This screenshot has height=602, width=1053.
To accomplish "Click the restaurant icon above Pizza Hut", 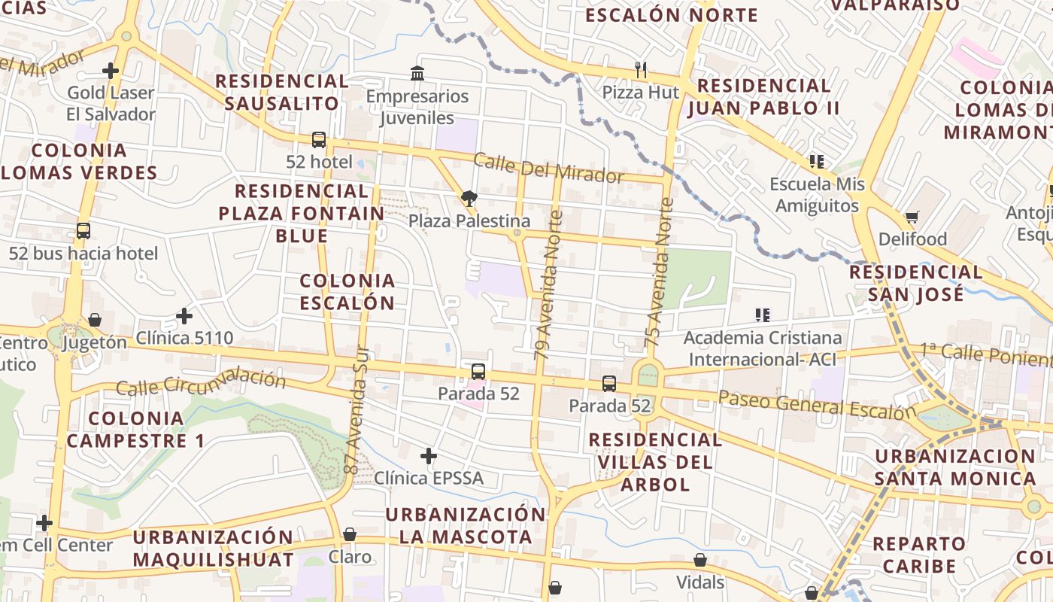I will [x=641, y=70].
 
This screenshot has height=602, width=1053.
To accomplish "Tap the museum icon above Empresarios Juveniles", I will [x=417, y=73].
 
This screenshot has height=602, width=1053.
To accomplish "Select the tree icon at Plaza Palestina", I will [x=469, y=199].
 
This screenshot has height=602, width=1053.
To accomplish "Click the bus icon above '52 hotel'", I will [x=319, y=139].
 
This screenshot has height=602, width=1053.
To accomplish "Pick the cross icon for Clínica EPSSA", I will [x=429, y=456].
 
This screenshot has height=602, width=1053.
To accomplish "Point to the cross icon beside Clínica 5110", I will [x=184, y=316].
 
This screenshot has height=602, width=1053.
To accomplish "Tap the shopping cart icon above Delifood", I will [x=912, y=217].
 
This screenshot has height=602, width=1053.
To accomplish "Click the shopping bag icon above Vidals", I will [x=700, y=560].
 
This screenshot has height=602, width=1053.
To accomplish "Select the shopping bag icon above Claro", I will [x=350, y=534].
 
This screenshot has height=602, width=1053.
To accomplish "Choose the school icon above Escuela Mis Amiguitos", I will [x=817, y=162].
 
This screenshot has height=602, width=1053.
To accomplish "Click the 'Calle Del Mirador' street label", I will [x=548, y=168].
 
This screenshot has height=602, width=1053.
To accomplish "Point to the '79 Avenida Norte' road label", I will [x=548, y=284].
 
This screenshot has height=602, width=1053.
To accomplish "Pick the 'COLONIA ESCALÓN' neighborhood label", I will [x=347, y=292].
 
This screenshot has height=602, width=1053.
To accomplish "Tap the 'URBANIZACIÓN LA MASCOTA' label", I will [x=465, y=525].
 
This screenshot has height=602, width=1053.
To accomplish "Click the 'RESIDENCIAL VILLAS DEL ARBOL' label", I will [x=655, y=461].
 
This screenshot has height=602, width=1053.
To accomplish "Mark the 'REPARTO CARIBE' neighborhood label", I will [x=919, y=555].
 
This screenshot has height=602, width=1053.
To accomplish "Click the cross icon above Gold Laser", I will [x=111, y=71].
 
